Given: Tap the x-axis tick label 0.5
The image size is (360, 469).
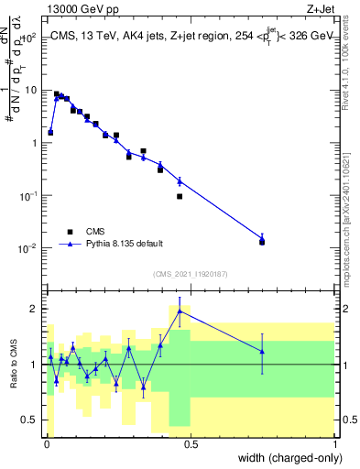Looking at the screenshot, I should (191, 445).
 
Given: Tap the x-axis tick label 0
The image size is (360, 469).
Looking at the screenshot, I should (46, 445).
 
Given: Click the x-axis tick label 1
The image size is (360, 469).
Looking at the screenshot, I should (334, 445).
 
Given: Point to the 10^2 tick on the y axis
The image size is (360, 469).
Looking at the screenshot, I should (29, 38).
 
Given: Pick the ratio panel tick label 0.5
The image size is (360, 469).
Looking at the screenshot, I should (31, 420).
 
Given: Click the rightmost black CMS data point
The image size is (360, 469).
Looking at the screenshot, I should (262, 242).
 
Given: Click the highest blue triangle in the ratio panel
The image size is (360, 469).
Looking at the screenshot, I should (180, 311).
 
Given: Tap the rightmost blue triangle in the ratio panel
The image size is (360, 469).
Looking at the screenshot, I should (262, 352).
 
